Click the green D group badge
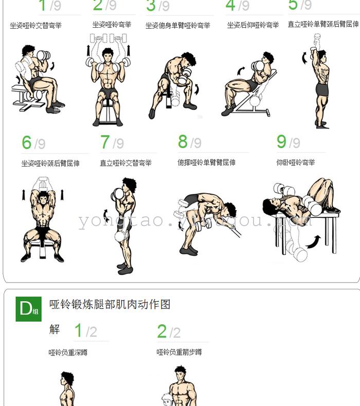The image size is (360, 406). pos(28,309)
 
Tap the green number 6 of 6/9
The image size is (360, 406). pos(27,142)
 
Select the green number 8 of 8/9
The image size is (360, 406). pos(183,141)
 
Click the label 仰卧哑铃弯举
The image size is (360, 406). pos(296,162)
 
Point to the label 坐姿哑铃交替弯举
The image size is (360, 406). pos(36,25)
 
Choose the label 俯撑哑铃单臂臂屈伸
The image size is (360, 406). pos(206,162)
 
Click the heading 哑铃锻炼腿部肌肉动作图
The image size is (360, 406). pos(110,304)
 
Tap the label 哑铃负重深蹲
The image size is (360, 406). pos(68,353)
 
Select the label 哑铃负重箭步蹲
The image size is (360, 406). pos(179,352)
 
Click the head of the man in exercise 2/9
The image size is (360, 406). pos(107,55)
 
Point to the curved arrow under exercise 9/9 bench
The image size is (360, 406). pos(313,242)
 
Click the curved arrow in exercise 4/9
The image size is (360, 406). pos(241,71)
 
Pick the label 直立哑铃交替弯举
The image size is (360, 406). pos(125,163)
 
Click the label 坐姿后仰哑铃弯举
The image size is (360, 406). pos(253,25)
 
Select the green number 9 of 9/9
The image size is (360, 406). pos(281,141)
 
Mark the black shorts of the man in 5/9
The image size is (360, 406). pos(322,89)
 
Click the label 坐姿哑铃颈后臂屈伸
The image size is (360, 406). pos(50,163)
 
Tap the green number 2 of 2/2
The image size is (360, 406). pos(161,331)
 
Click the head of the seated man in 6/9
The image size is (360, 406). pos(43,198)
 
